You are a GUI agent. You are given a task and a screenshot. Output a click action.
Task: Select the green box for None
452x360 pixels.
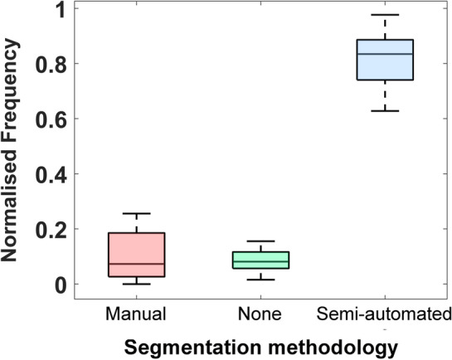[260, 260]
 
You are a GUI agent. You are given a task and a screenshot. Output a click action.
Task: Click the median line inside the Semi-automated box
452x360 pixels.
[384, 54]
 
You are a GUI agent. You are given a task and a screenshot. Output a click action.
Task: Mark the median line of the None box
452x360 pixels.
[260, 261]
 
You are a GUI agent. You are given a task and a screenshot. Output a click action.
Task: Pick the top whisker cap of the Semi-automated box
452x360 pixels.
[384, 15]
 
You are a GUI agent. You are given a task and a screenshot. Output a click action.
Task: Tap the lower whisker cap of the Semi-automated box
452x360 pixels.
[384, 110]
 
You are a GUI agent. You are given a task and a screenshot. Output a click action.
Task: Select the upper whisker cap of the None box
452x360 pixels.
[260, 241]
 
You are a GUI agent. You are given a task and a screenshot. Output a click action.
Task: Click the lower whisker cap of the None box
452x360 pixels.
[260, 280]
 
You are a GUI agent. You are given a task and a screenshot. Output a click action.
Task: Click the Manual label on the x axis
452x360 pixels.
[137, 314]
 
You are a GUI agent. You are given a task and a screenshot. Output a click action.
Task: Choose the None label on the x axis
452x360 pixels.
[260, 314]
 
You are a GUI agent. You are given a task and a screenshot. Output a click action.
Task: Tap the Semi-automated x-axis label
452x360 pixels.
[384, 314]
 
